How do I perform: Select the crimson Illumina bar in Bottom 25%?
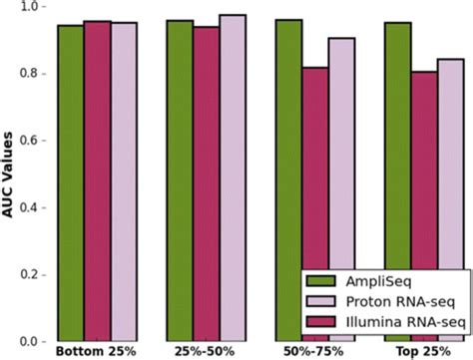coord(97,180)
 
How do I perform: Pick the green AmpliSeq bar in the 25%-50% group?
coord(180,180)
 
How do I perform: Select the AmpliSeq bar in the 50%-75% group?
coord(288,180)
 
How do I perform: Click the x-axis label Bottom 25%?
coord(97,352)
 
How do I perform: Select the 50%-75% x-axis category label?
coord(314,352)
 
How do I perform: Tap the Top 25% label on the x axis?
coord(423,352)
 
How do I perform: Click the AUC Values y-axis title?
coord(9,175)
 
